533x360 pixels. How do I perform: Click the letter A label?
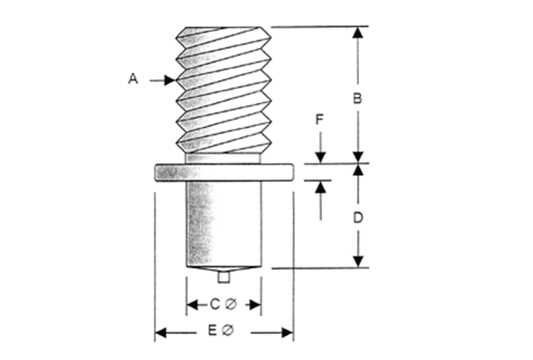133,79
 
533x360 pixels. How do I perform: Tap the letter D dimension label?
359,218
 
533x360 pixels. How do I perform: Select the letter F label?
319,120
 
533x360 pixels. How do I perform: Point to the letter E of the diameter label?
212,332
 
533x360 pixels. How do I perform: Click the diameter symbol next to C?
230,305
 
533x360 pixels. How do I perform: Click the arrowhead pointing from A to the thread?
170,81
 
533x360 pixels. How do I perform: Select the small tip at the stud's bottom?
223,277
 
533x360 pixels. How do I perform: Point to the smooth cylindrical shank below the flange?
223,224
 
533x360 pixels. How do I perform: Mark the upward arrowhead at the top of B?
359,32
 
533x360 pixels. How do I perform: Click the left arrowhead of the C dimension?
192,305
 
